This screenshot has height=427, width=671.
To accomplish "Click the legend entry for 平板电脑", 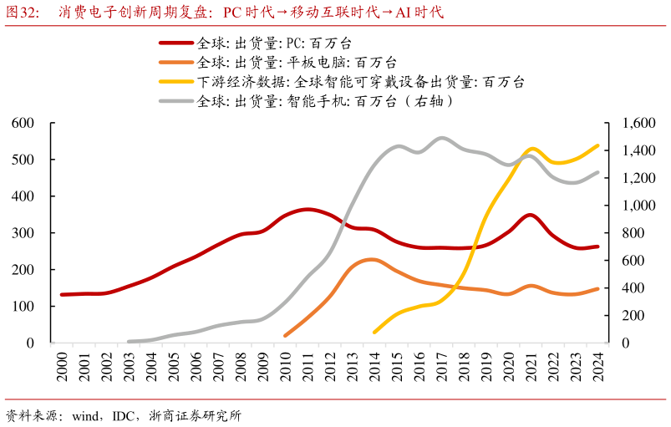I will click(x=297, y=63).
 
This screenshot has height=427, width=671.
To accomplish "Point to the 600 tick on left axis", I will click(x=23, y=124).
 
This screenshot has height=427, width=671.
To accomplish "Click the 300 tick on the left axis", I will click(x=23, y=233).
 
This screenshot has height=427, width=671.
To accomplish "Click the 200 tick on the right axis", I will click(x=634, y=316).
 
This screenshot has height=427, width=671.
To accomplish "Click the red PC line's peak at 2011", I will click(x=308, y=209).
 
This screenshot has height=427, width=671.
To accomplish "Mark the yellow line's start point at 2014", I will click(x=374, y=332).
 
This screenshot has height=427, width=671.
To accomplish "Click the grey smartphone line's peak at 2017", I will click(x=442, y=138).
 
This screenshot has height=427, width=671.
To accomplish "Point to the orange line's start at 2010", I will click(x=286, y=335).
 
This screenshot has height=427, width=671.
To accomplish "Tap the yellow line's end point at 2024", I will click(x=598, y=145).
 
